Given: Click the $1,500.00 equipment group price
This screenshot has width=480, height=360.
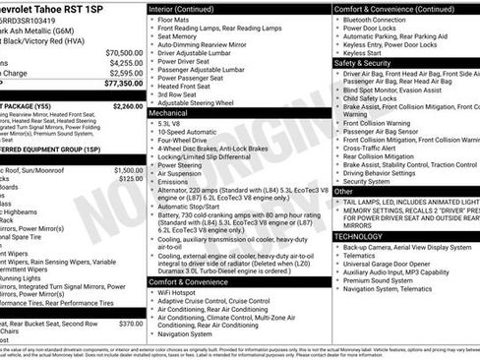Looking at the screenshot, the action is [129, 169].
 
